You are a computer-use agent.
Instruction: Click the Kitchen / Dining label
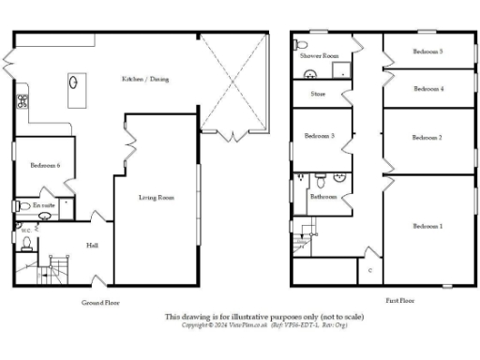coord(139,80)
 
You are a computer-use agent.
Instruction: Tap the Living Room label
coord(157,198)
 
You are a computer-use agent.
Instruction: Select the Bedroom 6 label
coord(45,165)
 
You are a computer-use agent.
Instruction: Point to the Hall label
coord(92,246)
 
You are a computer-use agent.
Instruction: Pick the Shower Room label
coord(318,56)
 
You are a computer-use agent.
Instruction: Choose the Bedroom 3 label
coord(320,137)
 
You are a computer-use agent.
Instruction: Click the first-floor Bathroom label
coord(323,197)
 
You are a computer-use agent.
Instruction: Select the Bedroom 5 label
coord(427,52)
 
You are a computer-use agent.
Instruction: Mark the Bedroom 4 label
coord(427,89)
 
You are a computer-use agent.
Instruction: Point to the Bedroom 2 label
coord(427,138)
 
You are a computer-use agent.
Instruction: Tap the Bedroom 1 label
coord(427,227)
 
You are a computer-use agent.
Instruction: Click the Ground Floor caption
coord(101,303)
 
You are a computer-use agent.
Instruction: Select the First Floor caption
coord(400,301)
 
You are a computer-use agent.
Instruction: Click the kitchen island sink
coord(73,82)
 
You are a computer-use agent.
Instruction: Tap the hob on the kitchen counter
coord(21,97)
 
